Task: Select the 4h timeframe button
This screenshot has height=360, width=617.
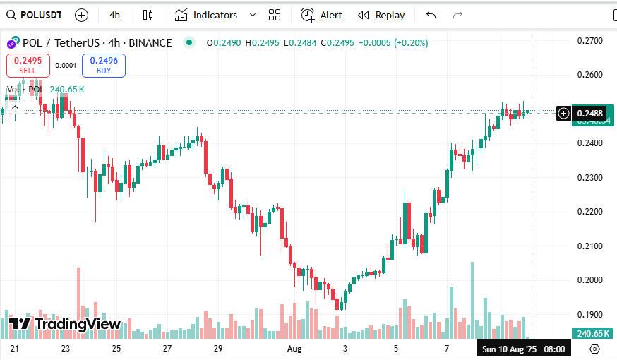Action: [114, 15]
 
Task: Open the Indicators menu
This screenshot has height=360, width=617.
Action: [206, 15]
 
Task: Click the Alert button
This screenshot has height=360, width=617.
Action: [321, 15]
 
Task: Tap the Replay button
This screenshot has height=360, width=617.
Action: [381, 15]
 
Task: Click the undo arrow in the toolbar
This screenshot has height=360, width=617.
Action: [431, 15]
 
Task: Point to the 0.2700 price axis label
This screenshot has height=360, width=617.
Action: [589, 41]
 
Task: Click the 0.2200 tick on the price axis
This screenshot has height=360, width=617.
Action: [589, 212]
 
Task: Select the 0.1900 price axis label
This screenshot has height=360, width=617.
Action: [589, 314]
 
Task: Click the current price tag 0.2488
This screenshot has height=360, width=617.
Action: [589, 113]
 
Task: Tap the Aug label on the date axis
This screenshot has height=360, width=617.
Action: [294, 349]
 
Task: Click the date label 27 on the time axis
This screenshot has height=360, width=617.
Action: [167, 349]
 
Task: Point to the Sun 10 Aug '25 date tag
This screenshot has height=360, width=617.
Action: [509, 349]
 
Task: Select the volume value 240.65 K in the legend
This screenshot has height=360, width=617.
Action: [67, 89]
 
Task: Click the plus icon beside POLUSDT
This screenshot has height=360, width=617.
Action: [81, 15]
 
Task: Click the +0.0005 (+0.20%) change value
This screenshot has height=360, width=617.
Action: [393, 43]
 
